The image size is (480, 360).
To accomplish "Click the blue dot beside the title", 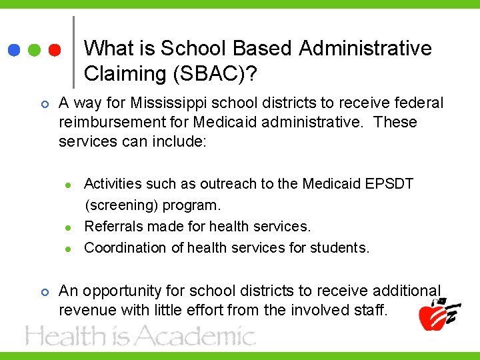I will [x=14, y=51].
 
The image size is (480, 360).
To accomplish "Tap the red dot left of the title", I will [x=55, y=51].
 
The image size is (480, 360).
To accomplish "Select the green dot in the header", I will [x=35, y=51].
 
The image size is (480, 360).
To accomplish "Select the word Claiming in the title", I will [x=124, y=73].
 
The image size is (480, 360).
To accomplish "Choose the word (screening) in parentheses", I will [x=119, y=205].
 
